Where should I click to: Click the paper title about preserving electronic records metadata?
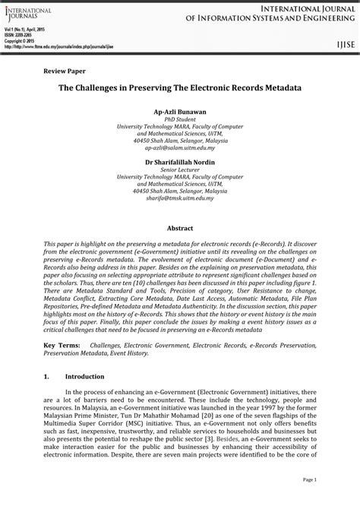pos(180,88)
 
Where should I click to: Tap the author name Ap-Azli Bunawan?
pos(179,111)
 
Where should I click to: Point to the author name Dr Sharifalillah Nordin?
pos(179,162)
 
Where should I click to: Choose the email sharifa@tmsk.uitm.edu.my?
pos(179,198)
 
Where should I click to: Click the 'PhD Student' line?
pos(179,119)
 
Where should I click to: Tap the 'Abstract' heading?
pos(179,228)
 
